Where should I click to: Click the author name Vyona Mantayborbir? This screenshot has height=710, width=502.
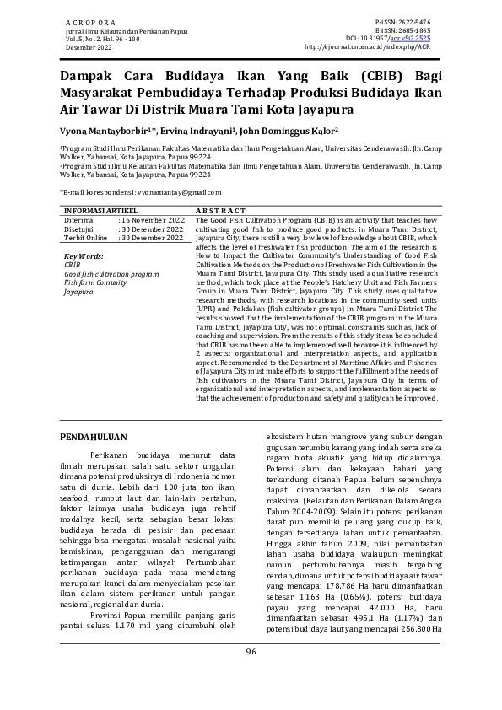pos(102,132)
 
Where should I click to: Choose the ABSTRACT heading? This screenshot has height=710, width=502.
pos(220,210)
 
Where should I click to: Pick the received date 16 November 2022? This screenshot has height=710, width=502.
pos(154,219)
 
